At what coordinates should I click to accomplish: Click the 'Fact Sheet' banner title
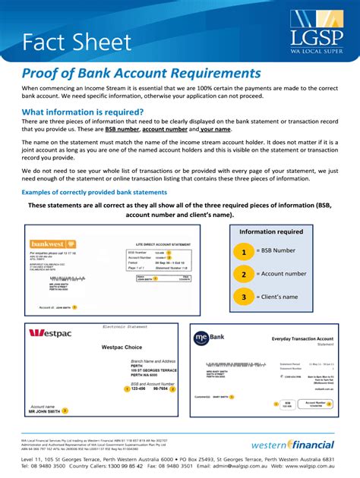(x=77, y=42)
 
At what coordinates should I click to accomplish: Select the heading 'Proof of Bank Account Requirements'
(x=141, y=74)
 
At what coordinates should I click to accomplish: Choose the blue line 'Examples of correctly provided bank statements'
(x=94, y=192)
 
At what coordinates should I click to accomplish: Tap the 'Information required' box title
(x=271, y=232)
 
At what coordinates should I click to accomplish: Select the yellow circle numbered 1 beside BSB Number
(x=244, y=251)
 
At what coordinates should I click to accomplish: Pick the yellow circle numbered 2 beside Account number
(x=244, y=274)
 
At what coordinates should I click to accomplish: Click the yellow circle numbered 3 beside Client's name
(x=244, y=297)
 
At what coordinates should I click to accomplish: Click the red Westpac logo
(x=49, y=332)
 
